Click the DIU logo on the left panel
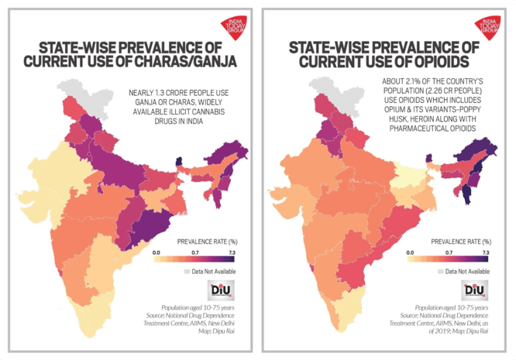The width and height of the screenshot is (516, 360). coord(216,290)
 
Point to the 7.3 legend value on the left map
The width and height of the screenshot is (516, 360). coord(230,253)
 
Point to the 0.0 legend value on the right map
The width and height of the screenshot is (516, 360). coord(410,253)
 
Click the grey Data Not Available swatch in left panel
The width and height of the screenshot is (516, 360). coord(187,272)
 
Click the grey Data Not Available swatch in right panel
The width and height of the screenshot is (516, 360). coord(442,272)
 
